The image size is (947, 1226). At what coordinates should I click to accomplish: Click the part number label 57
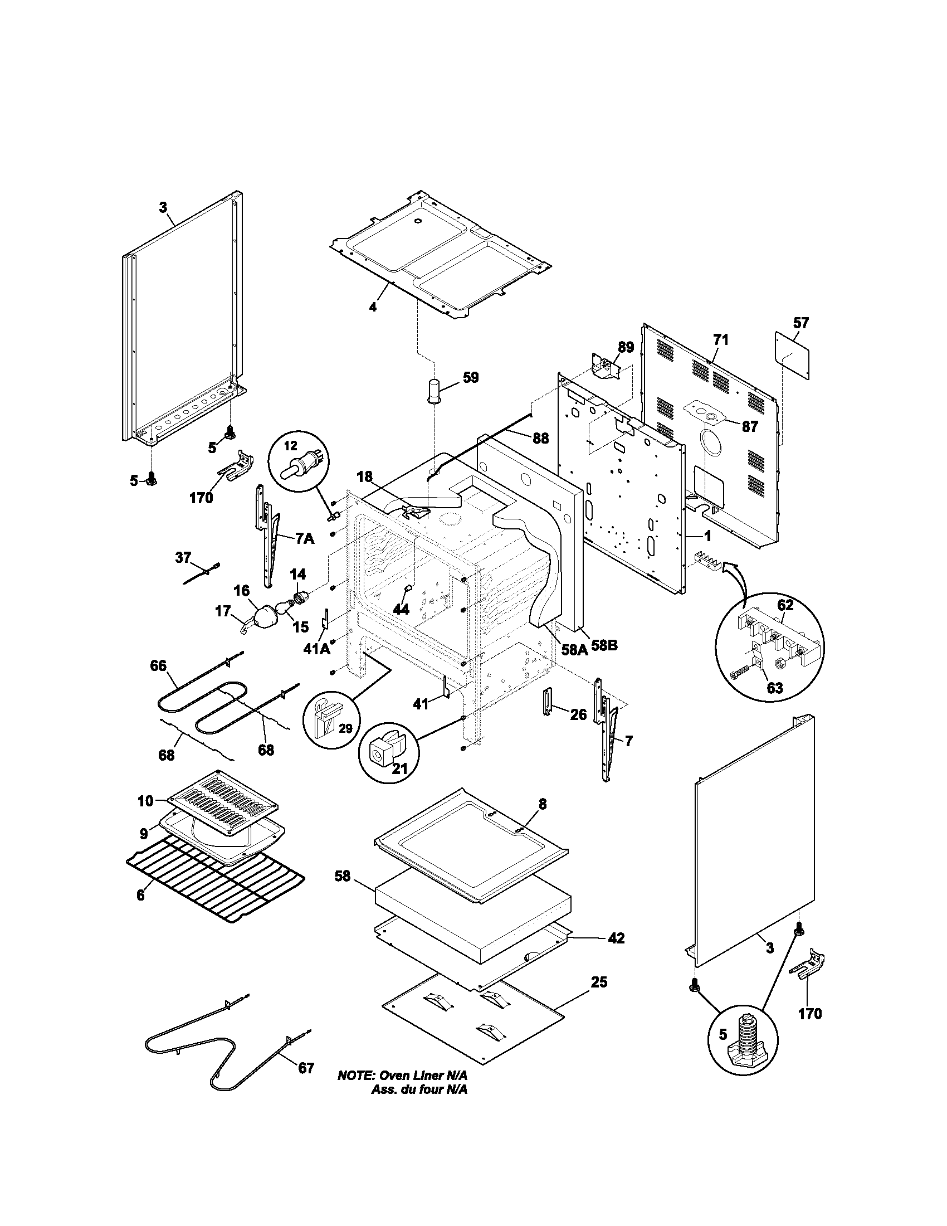[801, 323]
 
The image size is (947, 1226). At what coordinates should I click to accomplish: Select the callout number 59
[471, 377]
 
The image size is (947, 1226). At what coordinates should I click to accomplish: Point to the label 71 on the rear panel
[720, 339]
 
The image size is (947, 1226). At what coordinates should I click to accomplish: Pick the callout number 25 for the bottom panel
[599, 982]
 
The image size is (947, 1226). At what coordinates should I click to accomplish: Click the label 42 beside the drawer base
[616, 938]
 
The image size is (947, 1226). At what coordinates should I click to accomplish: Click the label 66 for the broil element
[158, 665]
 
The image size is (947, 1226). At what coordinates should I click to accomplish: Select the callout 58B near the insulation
[604, 645]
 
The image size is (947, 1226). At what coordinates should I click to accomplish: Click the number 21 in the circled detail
[399, 768]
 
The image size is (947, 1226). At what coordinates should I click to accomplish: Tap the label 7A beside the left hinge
[305, 539]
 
